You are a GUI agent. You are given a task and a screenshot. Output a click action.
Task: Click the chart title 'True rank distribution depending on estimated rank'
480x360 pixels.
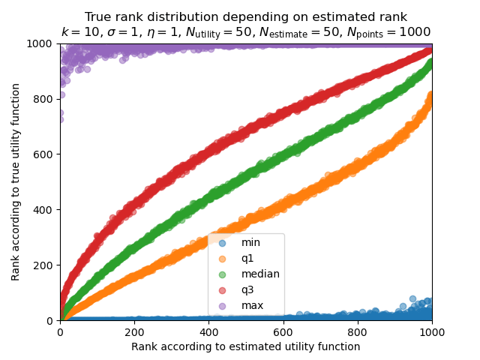click(x=246, y=17)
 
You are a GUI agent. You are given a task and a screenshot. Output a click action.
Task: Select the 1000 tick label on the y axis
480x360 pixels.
click(x=43, y=43)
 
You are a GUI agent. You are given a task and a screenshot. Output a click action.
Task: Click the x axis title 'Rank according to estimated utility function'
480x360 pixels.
click(x=246, y=346)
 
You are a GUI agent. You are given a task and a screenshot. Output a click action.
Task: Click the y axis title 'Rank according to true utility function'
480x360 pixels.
click(x=16, y=182)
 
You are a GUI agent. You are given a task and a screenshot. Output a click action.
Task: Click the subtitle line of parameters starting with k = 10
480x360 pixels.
click(x=246, y=32)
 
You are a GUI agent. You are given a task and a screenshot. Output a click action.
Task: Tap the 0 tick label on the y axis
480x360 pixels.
click(x=52, y=320)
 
